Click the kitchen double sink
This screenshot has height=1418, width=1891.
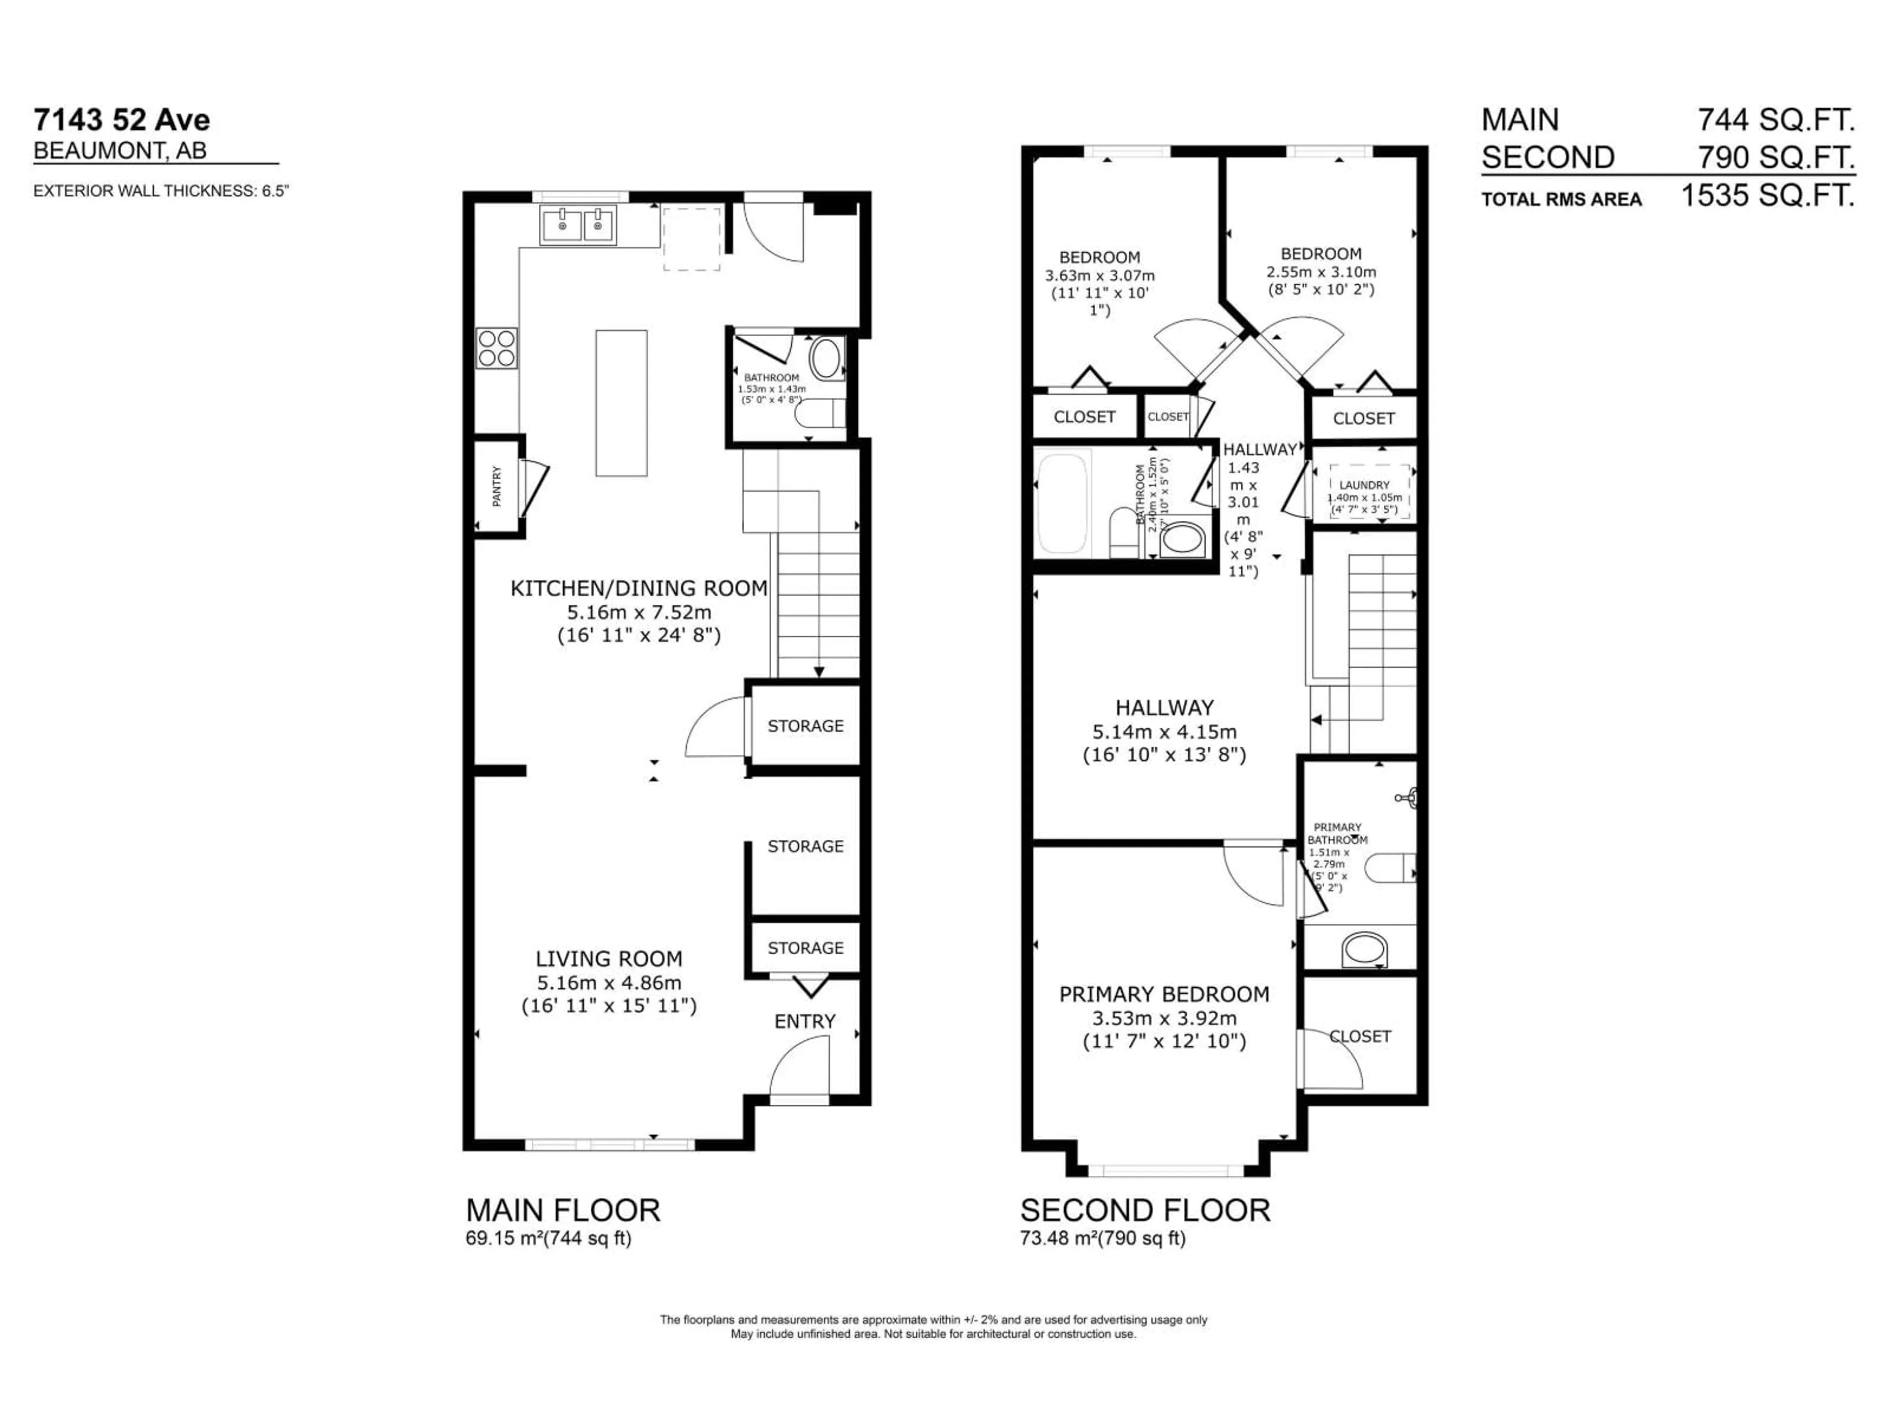point(578,226)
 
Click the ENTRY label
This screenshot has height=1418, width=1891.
point(805,1022)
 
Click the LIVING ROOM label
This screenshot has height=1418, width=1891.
point(609,959)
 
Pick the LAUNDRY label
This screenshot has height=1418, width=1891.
point(1365,484)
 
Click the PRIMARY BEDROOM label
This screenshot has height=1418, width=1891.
point(1164,994)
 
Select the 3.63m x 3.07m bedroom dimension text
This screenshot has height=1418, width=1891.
point(1099,276)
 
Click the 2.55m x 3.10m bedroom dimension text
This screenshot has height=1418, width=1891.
point(1321,272)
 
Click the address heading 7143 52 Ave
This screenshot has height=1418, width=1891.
point(122,120)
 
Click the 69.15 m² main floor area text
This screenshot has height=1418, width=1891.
point(504,1238)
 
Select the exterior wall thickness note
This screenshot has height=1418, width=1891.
point(161,191)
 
